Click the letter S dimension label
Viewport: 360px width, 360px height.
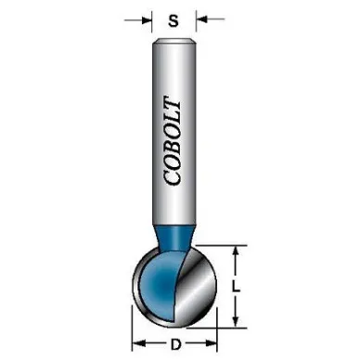(174, 20)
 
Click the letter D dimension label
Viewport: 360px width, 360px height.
(175, 344)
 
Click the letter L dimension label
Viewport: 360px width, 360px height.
(236, 288)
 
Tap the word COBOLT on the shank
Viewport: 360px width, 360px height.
(172, 141)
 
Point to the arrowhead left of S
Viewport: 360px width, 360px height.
(147, 20)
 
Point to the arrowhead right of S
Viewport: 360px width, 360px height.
(201, 19)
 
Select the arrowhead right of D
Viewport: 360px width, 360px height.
(212, 342)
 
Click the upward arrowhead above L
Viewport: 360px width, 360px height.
(236, 253)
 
